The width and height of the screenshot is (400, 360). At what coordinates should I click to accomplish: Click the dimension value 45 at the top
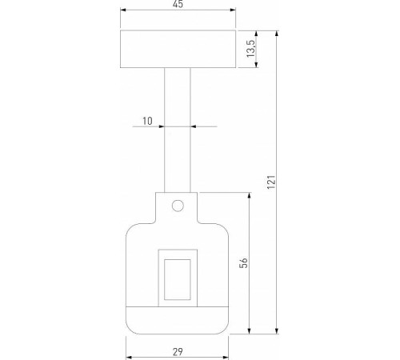[x=178, y=6]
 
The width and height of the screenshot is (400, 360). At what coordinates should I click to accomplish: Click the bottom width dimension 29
[x=178, y=351]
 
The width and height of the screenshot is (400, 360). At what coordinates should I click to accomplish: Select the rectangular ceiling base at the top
[x=178, y=50]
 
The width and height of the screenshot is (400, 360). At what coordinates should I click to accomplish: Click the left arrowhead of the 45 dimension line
[x=122, y=13]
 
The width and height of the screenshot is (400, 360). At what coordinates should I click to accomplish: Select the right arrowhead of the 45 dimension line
[x=234, y=13]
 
